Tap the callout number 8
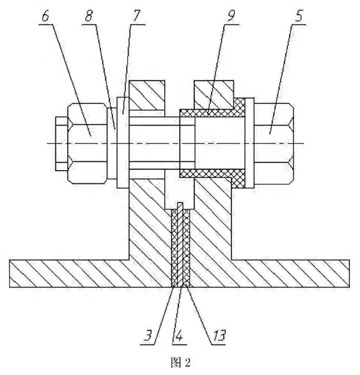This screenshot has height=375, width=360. [89, 17]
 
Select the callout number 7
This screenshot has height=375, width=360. [136, 17]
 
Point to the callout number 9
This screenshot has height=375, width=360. [231, 17]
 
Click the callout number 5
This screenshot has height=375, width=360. [299, 17]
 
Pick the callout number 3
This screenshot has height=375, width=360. [148, 336]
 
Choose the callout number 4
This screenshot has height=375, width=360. [179, 336]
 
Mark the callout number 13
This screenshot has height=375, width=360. [219, 336]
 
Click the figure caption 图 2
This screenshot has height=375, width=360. [180, 362]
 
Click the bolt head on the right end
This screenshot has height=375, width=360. [274, 143]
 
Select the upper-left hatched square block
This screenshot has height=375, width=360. [147, 95]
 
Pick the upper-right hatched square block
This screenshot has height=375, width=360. [213, 95]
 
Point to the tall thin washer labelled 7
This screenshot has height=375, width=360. [123, 143]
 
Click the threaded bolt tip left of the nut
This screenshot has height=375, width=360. [62, 143]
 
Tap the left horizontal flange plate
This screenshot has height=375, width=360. [90, 273]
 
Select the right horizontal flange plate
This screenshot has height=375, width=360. [270, 273]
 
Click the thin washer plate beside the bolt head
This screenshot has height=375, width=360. [249, 143]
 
